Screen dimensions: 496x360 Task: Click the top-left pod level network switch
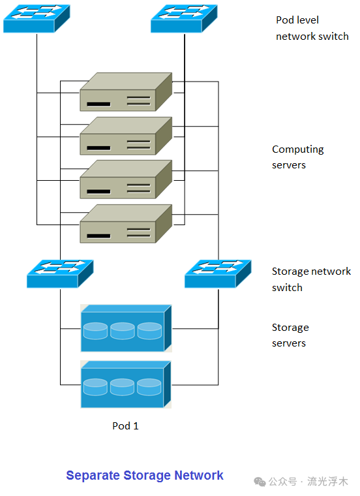pyautogui.click(x=37, y=19)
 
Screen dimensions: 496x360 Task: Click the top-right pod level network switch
pyautogui.click(x=184, y=19)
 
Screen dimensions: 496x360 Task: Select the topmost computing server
pyautogui.click(x=126, y=92)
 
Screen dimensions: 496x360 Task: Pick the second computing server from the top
pyautogui.click(x=126, y=136)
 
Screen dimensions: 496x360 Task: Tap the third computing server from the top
pyautogui.click(x=126, y=179)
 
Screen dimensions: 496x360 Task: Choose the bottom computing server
pyautogui.click(x=126, y=224)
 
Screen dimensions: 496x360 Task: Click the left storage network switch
pyautogui.click(x=60, y=274)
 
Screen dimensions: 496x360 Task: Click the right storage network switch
pyautogui.click(x=218, y=274)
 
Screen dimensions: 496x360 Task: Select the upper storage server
pyautogui.click(x=126, y=328)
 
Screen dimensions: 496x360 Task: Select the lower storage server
pyautogui.click(x=126, y=384)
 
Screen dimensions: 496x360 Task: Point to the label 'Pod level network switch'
pyautogui.click(x=312, y=28)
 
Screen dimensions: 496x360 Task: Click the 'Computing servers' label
pyautogui.click(x=297, y=157)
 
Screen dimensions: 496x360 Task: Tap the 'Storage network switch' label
pyautogui.click(x=311, y=279)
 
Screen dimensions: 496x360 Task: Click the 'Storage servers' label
pyautogui.click(x=290, y=335)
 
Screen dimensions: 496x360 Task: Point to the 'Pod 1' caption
pyautogui.click(x=125, y=426)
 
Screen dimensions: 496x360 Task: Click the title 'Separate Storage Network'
pyautogui.click(x=145, y=476)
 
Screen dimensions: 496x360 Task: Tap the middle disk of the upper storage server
pyautogui.click(x=122, y=331)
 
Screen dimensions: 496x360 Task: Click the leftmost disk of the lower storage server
pyautogui.click(x=95, y=387)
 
